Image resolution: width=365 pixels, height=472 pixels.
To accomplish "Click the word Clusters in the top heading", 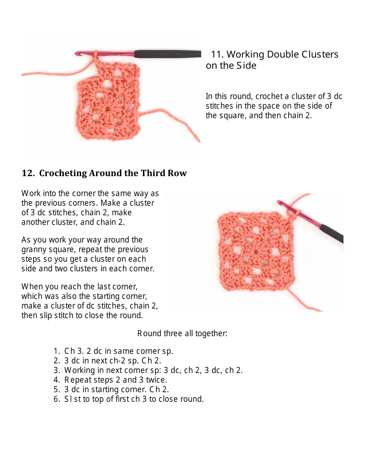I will click(x=320, y=54).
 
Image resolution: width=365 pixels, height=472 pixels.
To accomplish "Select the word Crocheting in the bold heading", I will click(x=63, y=173).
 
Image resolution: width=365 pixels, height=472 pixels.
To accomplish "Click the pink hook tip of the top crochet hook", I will click(x=78, y=53).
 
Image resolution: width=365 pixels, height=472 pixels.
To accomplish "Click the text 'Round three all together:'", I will click(x=182, y=333).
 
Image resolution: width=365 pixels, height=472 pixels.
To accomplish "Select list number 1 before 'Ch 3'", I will click(x=56, y=351).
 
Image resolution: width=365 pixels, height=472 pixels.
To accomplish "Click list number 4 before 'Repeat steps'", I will click(x=56, y=380).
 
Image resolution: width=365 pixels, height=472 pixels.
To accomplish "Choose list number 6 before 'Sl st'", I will click(x=56, y=399).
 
